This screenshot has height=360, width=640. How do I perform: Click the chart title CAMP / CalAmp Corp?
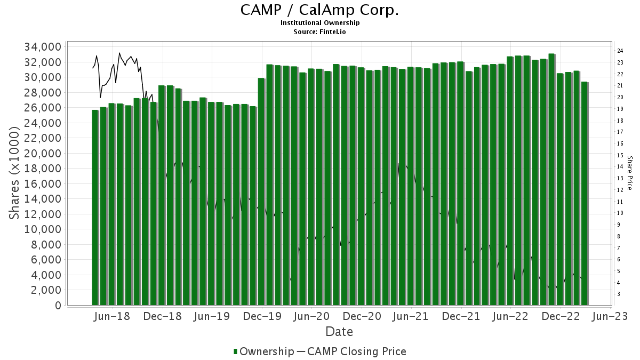[x=319, y=10]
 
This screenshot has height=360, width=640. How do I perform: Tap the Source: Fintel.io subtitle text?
[x=319, y=31]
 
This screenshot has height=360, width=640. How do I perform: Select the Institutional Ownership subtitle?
[x=319, y=23]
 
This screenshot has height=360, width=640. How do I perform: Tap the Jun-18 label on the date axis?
[x=113, y=317]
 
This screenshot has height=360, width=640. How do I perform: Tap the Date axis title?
[x=339, y=332]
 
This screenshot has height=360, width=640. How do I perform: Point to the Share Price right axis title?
[x=629, y=173]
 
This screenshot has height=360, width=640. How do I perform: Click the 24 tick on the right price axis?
[x=620, y=51]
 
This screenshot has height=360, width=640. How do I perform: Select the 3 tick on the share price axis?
[x=619, y=294]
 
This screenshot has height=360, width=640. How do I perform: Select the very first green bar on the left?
[x=95, y=208]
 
